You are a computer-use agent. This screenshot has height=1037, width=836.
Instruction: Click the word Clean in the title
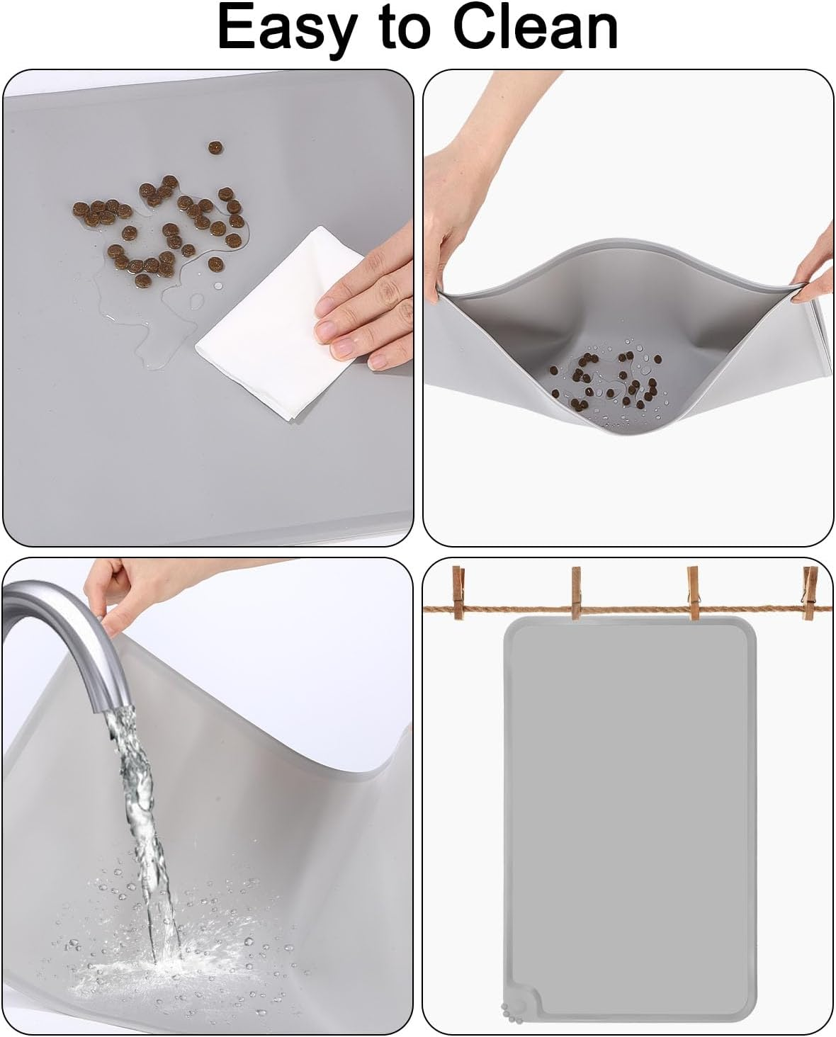[536, 28]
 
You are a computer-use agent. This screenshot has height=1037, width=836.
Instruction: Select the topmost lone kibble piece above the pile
[215, 147]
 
